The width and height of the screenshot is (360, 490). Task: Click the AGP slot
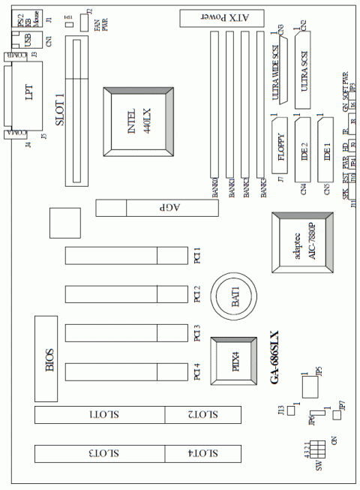point(157,208)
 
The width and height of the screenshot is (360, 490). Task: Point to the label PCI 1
point(196,255)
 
